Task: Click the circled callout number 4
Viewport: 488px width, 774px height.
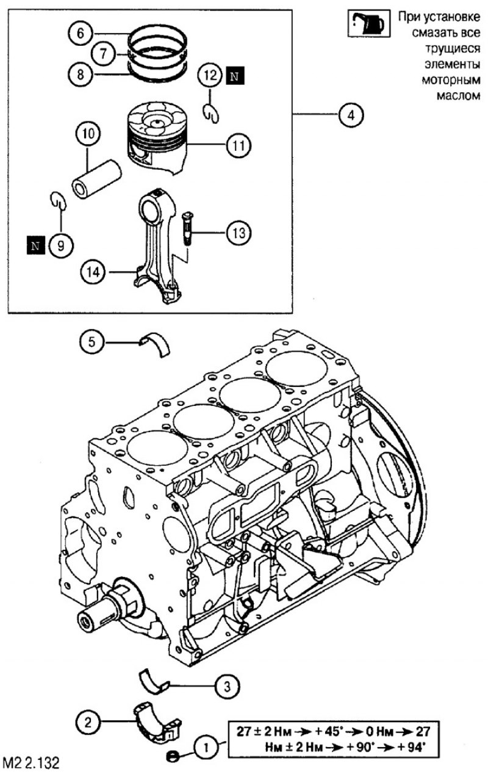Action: (x=351, y=115)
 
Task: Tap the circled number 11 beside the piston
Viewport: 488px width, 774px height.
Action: (x=239, y=145)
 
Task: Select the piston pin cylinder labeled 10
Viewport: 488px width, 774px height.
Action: (x=96, y=178)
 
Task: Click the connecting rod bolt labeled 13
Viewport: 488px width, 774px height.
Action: (x=187, y=228)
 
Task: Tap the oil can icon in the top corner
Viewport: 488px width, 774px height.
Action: (x=369, y=23)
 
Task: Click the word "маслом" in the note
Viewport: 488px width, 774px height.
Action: (x=458, y=95)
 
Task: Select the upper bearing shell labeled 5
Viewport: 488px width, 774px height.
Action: (x=155, y=344)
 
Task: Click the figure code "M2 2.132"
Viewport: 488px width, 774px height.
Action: (x=30, y=762)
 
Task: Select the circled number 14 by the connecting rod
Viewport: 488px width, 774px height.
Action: (x=93, y=273)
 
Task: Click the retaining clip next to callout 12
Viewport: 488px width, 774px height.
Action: (x=210, y=113)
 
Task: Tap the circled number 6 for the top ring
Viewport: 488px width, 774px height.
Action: (x=81, y=34)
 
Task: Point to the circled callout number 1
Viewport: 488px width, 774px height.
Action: (x=206, y=748)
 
